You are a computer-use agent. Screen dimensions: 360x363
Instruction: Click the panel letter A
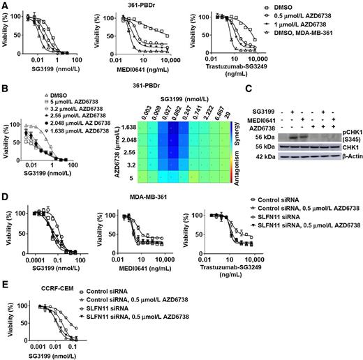click(x=5, y=5)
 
